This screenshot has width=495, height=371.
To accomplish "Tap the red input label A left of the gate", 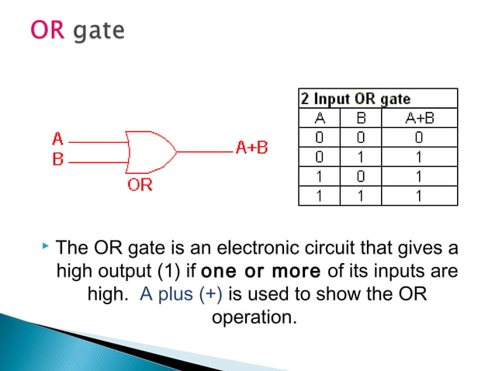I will point(57,140).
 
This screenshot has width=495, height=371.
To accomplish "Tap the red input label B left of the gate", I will point(57,161).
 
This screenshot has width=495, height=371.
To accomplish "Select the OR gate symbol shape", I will point(151,151).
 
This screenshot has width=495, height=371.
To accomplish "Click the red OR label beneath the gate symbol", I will point(140,185).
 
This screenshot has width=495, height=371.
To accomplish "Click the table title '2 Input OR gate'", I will point(356,99).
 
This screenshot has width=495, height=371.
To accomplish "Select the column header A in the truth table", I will point(319,118).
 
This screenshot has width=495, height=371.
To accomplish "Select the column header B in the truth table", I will point(359,118).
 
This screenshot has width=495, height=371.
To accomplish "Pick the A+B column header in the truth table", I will point(418,118).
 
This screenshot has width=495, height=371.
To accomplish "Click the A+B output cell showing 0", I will point(418,137).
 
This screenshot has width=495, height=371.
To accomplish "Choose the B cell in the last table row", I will point(359,196).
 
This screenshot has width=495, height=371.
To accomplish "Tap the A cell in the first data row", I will point(319,137).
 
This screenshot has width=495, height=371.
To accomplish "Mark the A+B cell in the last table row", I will point(418,196).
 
